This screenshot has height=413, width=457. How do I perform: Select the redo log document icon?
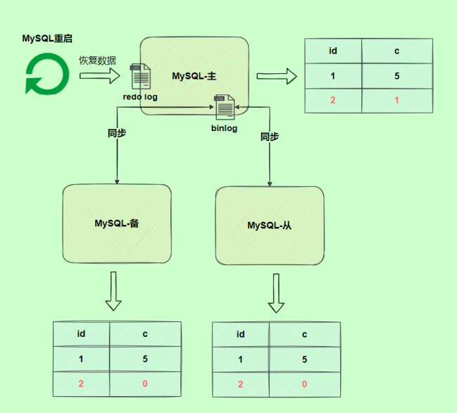pos(139,75)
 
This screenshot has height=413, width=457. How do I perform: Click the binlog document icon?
pos(225,107)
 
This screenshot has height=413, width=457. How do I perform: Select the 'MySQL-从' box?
pos(269,225)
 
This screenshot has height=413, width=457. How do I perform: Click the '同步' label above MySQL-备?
pos(117,132)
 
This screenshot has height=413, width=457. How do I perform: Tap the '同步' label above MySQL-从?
pos(270,137)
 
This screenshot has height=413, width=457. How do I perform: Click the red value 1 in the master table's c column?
pos(396,100)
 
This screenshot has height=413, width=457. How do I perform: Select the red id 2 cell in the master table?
pos(332,100)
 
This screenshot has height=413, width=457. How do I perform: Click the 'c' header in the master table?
pos(396,51)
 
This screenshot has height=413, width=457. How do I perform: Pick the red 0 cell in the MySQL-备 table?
pos(146,384)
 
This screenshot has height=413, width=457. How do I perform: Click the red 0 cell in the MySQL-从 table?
pos(304,384)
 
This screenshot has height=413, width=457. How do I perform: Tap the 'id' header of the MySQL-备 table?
pos(82,334)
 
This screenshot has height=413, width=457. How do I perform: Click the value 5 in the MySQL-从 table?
pos(304,359)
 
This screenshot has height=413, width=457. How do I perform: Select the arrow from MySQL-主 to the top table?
pos(276,75)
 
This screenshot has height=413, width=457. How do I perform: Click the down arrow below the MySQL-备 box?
pos(113,291)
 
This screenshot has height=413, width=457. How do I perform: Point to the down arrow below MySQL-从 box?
pos(276,293)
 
